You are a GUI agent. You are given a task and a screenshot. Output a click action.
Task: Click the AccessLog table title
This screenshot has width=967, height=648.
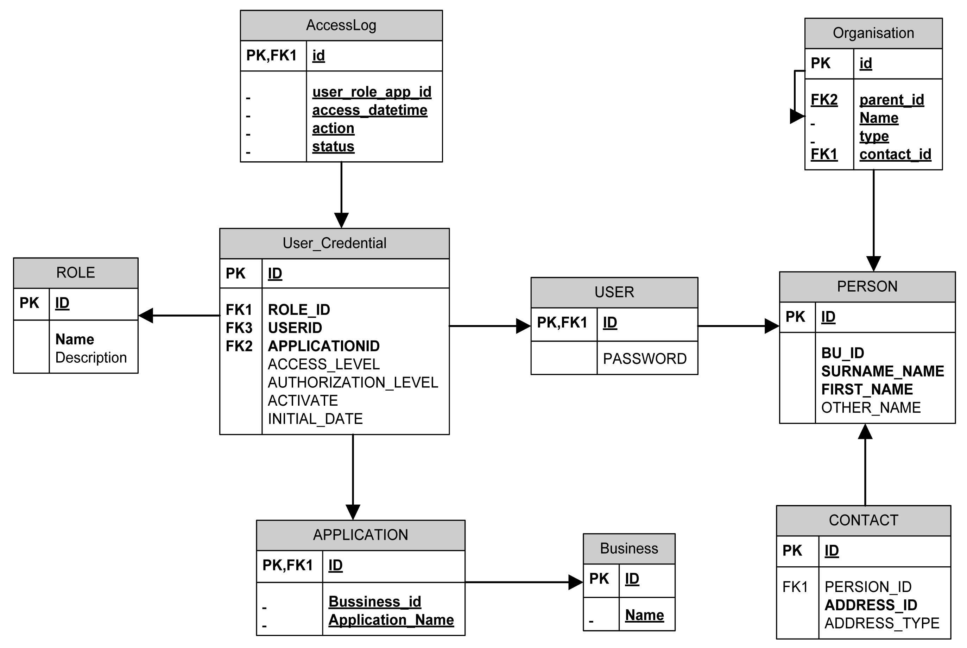[x=341, y=25]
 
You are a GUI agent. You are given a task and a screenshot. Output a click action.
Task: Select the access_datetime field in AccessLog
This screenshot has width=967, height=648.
[x=369, y=110]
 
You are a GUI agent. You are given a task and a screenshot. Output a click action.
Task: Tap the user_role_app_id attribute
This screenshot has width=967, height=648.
[x=372, y=92]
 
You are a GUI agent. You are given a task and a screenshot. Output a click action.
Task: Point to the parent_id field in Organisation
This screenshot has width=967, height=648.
[x=891, y=100]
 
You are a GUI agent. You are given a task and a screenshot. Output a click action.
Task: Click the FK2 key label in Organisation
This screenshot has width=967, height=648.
[x=824, y=100]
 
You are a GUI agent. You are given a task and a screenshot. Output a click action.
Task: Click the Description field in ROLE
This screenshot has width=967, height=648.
[x=91, y=357]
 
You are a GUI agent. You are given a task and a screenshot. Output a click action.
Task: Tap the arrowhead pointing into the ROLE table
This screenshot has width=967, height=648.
[x=146, y=316]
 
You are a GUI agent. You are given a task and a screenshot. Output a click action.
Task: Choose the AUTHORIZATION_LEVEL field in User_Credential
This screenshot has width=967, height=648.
[x=353, y=383]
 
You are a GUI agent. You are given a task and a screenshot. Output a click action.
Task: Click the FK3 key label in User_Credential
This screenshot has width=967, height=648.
[x=239, y=328]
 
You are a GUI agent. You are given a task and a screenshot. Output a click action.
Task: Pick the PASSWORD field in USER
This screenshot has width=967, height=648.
[x=645, y=359]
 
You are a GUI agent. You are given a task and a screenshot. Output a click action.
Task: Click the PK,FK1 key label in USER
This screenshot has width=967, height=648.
[x=562, y=322]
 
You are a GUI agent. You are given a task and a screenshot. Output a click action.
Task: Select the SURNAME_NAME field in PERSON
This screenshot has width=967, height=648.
[x=882, y=371]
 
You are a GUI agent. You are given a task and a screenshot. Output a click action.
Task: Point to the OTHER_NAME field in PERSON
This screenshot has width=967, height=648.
[x=871, y=407]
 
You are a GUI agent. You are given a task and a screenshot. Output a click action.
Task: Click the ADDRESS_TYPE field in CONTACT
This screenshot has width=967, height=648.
[x=881, y=623]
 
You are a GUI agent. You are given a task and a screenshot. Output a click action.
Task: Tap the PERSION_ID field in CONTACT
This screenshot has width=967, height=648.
[x=868, y=587]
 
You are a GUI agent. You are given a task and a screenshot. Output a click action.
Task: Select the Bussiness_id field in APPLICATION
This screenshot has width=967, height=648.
[x=374, y=602]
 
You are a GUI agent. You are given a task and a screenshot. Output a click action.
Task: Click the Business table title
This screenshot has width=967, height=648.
[x=629, y=548]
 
